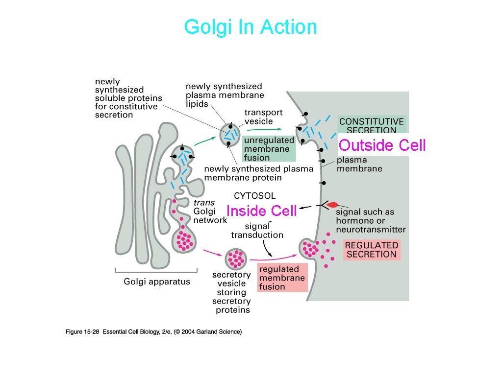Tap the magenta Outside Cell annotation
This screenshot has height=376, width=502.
click(382, 145)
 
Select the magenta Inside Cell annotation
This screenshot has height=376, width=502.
click(261, 211)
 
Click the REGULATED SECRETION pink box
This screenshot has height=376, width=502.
click(371, 250)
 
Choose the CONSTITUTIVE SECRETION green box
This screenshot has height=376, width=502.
click(371, 125)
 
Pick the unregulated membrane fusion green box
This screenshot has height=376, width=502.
click(269, 148)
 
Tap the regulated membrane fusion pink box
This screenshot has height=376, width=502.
click(282, 278)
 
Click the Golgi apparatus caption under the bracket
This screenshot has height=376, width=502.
click(156, 282)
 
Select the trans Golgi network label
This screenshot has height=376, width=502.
click(210, 211)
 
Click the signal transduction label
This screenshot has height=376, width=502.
click(257, 230)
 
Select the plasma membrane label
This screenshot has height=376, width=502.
click(359, 164)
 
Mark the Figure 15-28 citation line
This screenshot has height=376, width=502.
click(153, 332)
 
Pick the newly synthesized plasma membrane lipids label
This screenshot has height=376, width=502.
click(225, 95)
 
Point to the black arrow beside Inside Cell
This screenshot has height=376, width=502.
click(306, 208)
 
